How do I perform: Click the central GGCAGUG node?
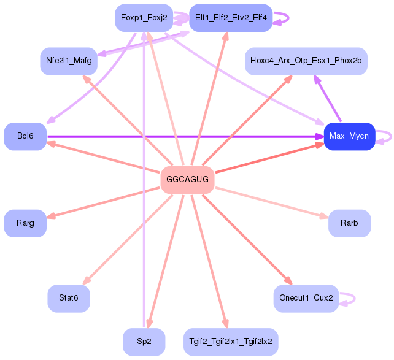tap(187, 180)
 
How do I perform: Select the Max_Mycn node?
tap(350, 136)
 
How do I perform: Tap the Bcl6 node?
tap(25, 136)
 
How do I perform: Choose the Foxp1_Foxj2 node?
tap(144, 18)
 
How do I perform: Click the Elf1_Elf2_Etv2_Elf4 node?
tap(231, 18)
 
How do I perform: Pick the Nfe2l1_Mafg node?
tap(69, 61)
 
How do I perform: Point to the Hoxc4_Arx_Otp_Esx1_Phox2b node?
tap(306, 61)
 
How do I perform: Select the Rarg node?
tap(25, 223)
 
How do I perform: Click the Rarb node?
tap(350, 223)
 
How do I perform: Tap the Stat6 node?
tap(69, 298)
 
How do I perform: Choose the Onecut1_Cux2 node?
tap(306, 298)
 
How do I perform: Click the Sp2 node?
tap(144, 342)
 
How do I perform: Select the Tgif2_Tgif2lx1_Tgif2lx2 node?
tap(231, 342)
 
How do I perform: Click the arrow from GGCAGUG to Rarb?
tap(272, 202)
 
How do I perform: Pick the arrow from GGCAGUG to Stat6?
tap(128, 240)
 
